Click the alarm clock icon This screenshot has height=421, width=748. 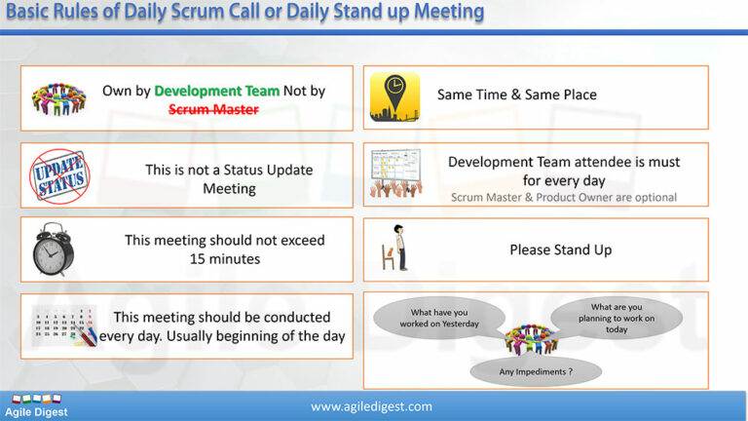54,249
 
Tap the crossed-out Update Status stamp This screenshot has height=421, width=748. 59,175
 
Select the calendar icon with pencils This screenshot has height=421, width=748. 62,325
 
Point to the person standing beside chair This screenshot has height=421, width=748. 397,249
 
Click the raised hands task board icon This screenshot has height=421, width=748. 395,174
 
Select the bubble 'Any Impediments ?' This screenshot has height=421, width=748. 535,370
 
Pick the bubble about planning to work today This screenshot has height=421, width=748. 616,317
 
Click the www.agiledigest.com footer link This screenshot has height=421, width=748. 371,405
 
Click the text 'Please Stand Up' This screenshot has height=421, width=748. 560,249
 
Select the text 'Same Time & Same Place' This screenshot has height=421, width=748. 516,95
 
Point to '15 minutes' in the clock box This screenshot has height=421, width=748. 224,258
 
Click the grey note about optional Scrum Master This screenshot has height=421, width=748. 563,197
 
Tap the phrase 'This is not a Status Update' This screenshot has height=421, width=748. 229,169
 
